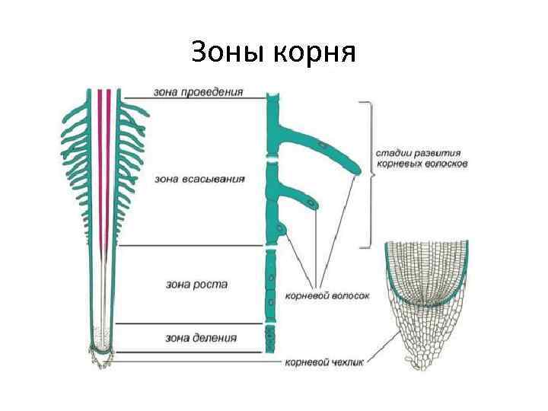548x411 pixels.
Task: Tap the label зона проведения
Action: click(x=199, y=91)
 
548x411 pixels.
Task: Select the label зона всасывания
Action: click(x=199, y=180)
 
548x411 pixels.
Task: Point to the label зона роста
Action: click(x=196, y=284)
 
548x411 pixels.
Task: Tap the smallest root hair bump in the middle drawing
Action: click(x=282, y=229)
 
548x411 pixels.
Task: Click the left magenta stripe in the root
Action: click(x=99, y=167)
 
